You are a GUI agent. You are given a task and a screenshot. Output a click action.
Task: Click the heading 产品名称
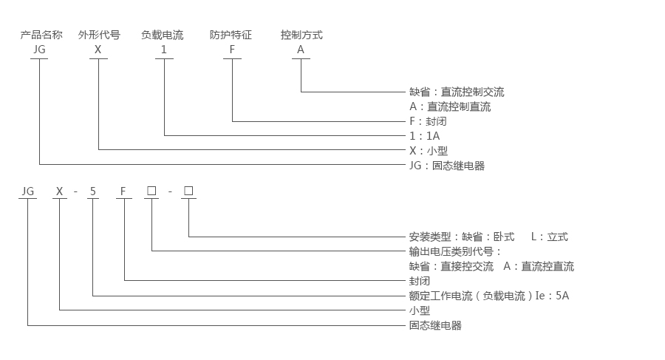click(x=41, y=35)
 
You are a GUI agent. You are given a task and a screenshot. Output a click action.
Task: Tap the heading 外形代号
click(x=99, y=35)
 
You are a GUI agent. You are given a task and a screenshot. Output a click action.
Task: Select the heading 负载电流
click(x=163, y=35)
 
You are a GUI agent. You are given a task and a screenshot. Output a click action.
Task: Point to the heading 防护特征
click(x=231, y=35)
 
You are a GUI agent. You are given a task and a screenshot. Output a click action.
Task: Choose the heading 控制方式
click(x=301, y=35)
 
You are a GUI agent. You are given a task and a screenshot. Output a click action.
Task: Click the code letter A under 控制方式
click(x=301, y=50)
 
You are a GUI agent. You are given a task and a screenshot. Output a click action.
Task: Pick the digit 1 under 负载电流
click(x=163, y=50)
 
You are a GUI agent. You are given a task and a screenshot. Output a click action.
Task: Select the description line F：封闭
click(x=428, y=121)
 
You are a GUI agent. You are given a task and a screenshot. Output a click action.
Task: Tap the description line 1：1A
click(x=425, y=136)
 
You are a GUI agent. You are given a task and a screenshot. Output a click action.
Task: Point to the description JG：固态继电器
click(x=447, y=166)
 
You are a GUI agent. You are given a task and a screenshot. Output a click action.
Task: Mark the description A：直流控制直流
click(x=450, y=106)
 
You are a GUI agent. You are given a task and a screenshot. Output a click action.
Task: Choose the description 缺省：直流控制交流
click(x=457, y=92)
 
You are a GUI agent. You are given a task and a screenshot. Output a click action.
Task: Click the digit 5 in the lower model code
click(x=92, y=191)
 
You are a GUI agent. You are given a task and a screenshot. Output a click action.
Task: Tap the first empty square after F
click(x=151, y=191)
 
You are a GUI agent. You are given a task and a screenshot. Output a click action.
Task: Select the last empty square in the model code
click(x=188, y=191)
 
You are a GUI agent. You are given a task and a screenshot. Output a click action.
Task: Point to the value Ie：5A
click(x=552, y=296)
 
